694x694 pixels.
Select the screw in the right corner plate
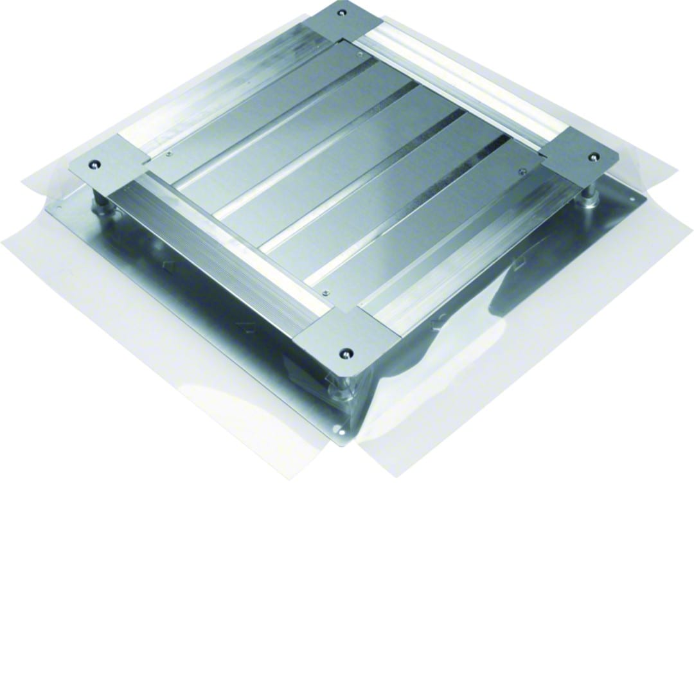594,156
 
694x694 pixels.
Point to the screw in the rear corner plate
343,12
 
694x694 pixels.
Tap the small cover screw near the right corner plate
522,170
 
